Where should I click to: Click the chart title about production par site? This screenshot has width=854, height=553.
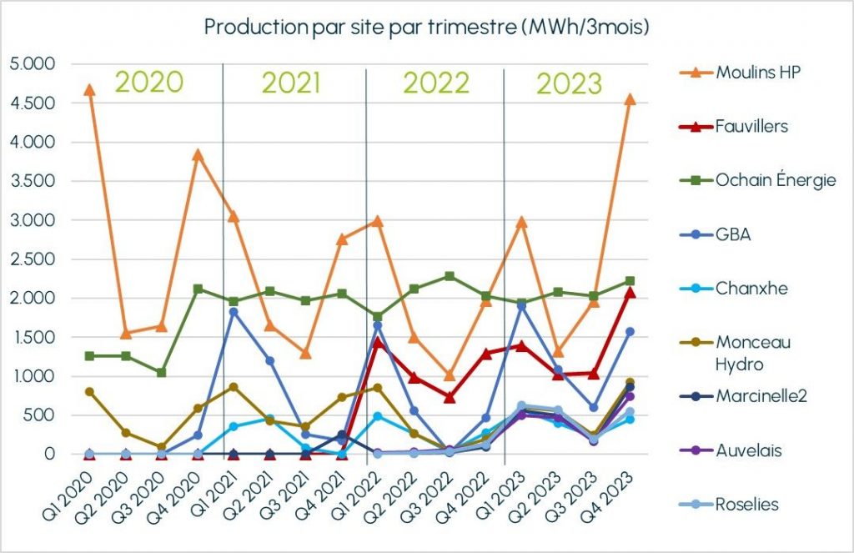click(x=426, y=27)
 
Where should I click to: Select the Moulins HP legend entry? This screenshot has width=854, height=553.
click(x=758, y=72)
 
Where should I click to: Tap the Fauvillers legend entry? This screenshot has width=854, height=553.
click(x=751, y=127)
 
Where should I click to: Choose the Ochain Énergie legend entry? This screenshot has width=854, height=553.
click(x=776, y=180)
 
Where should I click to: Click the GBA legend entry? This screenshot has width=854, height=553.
click(x=733, y=234)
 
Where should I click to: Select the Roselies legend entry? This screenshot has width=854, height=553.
click(x=746, y=504)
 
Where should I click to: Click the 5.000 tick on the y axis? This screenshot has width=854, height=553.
click(x=31, y=64)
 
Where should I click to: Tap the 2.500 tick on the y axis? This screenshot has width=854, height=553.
click(x=31, y=259)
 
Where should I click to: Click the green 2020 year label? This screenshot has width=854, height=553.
click(x=148, y=82)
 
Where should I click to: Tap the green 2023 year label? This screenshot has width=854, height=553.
click(x=569, y=83)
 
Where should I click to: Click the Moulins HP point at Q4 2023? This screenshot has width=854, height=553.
click(x=630, y=99)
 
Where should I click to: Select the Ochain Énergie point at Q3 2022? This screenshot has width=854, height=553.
click(x=450, y=276)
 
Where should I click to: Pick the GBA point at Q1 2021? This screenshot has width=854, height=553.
click(x=234, y=312)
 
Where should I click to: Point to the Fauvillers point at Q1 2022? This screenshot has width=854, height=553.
click(x=378, y=342)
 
